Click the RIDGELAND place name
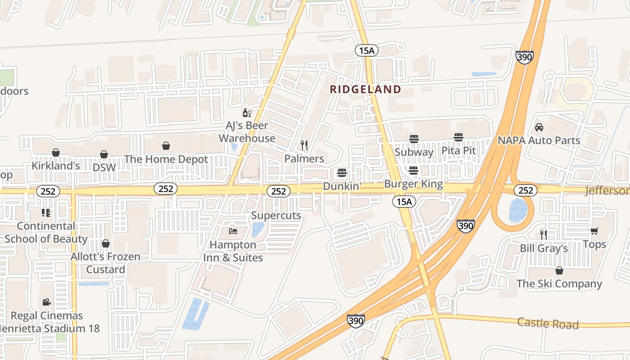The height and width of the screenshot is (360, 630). tap(365, 89)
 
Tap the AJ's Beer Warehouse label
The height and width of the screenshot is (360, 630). tap(247, 132)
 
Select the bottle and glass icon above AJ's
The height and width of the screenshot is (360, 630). tap(247, 112)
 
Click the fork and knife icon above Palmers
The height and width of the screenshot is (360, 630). tap(304, 145)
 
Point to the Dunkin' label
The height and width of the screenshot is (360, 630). tap(342, 186)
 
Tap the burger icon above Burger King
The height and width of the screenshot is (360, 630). tap(414, 170)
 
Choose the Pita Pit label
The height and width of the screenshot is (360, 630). tap(459, 150)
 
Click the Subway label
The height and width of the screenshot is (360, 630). tap(414, 152)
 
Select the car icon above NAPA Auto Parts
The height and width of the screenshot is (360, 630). tap(539, 127)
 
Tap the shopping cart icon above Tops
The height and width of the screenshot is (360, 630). tap(594, 231)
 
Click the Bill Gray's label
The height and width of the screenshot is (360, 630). tap(544, 248)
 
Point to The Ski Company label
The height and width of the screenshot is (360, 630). tap(559, 283)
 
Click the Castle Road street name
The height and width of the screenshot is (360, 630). tap(548, 323)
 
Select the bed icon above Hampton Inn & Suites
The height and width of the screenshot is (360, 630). tap(233, 231)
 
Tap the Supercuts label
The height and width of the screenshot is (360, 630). tap(276, 215)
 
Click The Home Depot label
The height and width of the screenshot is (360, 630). tap(166, 159)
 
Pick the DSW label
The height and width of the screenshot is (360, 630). tap(104, 167)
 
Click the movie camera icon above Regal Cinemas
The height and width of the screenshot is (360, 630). tap(46, 302)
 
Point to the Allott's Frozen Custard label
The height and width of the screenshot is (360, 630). tap(106, 263)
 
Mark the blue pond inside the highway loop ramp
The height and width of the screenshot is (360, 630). tap(517, 211)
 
